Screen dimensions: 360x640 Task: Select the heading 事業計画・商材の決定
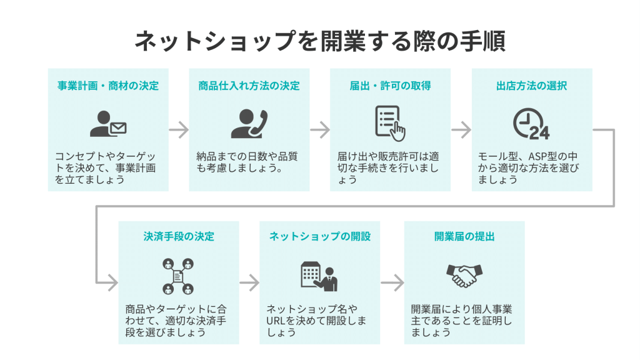click(108, 86)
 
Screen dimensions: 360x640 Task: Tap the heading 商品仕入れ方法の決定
click(249, 86)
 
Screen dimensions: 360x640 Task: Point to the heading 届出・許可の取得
click(390, 86)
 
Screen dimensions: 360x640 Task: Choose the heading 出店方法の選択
click(531, 86)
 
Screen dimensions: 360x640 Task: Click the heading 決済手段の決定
click(179, 236)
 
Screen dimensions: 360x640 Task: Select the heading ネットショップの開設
click(320, 236)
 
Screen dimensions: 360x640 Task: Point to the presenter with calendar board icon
click(319, 275)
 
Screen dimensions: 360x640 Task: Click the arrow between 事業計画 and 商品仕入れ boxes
click(179, 130)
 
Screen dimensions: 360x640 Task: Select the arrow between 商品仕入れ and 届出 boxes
click(320, 130)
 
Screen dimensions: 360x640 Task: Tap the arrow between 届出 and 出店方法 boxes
click(461, 130)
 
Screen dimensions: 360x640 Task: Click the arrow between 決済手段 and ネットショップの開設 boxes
click(249, 282)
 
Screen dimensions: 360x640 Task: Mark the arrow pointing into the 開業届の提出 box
click(392, 282)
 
